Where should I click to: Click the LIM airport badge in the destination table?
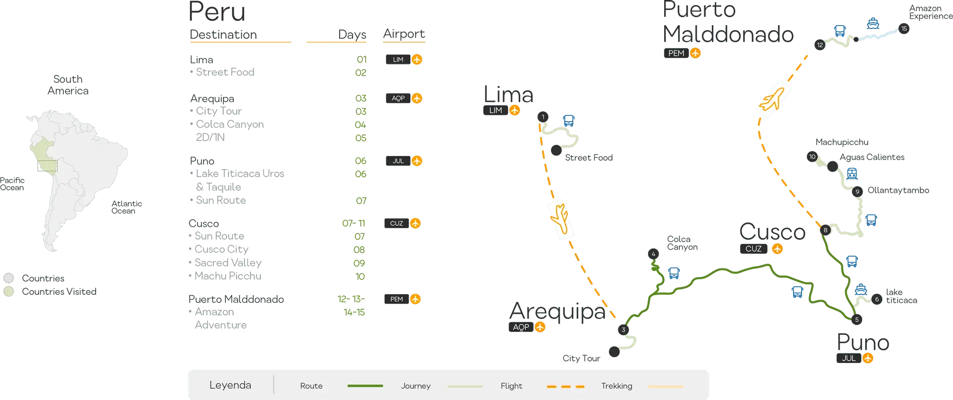pyautogui.click(x=404, y=60)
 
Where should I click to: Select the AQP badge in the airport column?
pyautogui.click(x=404, y=98)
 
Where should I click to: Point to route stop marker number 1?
pyautogui.click(x=542, y=117)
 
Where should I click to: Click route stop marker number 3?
pyautogui.click(x=623, y=330)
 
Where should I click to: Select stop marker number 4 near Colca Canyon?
pyautogui.click(x=653, y=254)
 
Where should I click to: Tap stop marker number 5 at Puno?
pyautogui.click(x=857, y=319)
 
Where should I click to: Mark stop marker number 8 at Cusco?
pyautogui.click(x=826, y=230)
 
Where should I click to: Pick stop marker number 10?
pyautogui.click(x=813, y=157)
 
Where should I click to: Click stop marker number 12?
pyautogui.click(x=820, y=45)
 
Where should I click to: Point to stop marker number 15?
pyautogui.click(x=904, y=29)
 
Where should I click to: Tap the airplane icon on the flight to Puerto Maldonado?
pyautogui.click(x=773, y=98)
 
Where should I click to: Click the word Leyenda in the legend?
pyautogui.click(x=230, y=385)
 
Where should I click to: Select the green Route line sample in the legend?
pyautogui.click(x=365, y=386)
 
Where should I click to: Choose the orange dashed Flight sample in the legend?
pyautogui.click(x=565, y=386)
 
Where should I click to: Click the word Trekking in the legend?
pyautogui.click(x=616, y=386)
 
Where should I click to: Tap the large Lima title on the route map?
pyautogui.click(x=507, y=94)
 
